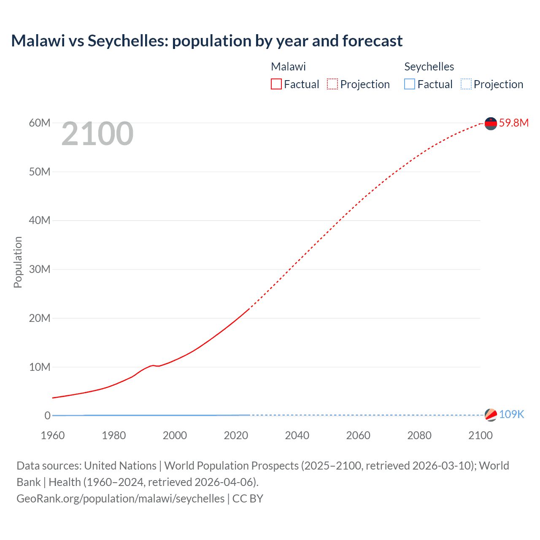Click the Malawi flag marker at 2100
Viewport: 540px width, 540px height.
coord(491,123)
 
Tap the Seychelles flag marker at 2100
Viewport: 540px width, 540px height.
coord(491,415)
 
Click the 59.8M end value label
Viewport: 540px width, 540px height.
coord(513,123)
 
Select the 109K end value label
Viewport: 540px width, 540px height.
coord(511,414)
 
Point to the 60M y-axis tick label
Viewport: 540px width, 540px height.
coord(40,123)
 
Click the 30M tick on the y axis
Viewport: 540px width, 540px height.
coord(40,269)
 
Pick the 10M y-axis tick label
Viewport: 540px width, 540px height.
coord(40,367)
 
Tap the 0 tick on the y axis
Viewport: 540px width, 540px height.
coord(47,416)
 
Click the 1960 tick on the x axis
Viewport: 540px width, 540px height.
coord(53,435)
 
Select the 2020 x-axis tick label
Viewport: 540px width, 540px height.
coord(236,435)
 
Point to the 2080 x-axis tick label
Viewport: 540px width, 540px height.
coord(419,435)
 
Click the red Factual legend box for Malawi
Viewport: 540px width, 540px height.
coord(276,84)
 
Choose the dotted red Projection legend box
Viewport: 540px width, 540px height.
coord(332,84)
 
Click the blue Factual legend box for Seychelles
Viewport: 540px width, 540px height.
coord(410,84)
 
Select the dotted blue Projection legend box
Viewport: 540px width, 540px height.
coord(466,84)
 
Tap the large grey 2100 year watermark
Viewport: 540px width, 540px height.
coord(97,134)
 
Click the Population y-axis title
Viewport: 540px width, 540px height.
coord(18,262)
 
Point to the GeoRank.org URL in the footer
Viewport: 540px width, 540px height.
coord(121,498)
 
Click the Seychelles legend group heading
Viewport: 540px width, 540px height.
coord(429,67)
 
